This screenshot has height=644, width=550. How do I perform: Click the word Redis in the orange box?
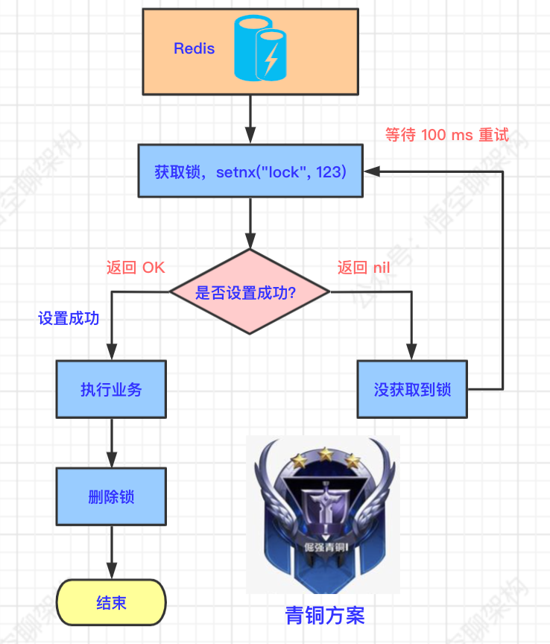point(194,49)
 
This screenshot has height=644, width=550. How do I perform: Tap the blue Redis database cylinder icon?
point(260,50)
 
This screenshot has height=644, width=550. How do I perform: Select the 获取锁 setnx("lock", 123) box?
point(250,172)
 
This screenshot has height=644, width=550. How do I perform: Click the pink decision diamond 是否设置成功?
point(250,291)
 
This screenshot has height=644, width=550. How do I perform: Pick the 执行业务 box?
point(111,389)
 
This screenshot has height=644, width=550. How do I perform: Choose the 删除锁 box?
point(111,496)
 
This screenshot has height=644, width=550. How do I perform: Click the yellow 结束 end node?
point(111,602)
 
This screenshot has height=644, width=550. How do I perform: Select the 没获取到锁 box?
point(412,389)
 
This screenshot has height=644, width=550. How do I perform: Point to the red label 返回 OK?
point(136,268)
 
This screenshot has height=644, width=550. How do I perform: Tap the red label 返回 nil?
point(364,268)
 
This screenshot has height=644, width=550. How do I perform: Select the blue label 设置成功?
point(69,318)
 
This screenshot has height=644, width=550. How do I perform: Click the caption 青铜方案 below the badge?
point(324,616)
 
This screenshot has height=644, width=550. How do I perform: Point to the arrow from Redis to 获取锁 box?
point(250,119)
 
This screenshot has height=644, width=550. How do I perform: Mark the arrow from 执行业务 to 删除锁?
point(111,443)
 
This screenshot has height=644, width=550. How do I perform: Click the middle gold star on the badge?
point(325,454)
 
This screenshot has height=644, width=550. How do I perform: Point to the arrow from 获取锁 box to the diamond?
point(250,224)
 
